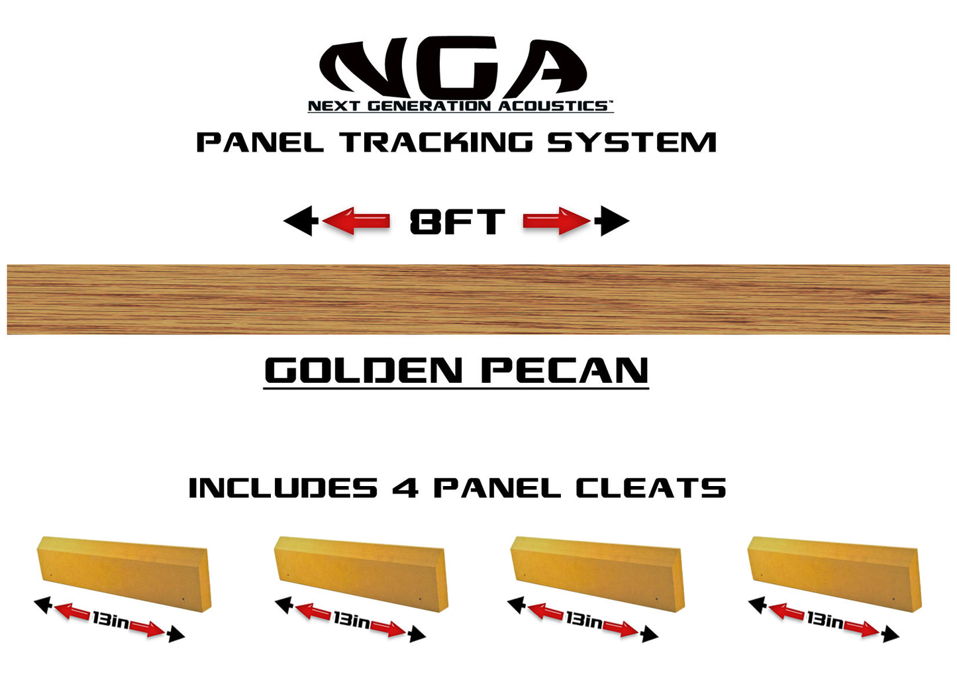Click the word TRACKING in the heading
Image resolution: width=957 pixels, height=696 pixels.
click(x=437, y=143)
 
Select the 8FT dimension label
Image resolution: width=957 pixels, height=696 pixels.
click(x=457, y=221)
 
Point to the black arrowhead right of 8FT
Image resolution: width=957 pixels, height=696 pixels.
click(x=613, y=221)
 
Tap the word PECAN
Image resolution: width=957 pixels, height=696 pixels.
click(x=565, y=370)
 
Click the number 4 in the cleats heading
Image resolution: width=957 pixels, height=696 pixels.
click(x=405, y=489)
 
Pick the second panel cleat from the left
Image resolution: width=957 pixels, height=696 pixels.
click(x=362, y=573)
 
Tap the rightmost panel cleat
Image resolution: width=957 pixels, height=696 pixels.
click(x=834, y=573)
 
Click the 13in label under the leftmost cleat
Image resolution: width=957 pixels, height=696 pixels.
click(x=111, y=621)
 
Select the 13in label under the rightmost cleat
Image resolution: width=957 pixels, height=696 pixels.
click(x=825, y=621)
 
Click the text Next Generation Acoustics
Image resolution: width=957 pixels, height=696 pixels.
click(x=459, y=106)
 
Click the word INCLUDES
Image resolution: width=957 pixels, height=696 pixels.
click(x=283, y=489)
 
